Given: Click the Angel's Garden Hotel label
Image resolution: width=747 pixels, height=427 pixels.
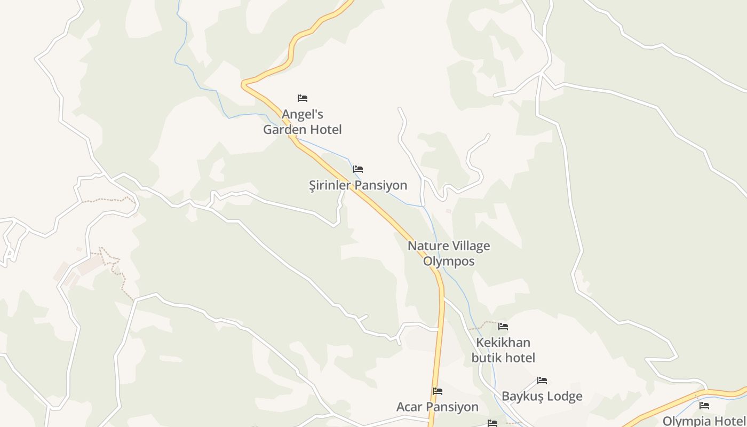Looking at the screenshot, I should point(302,122).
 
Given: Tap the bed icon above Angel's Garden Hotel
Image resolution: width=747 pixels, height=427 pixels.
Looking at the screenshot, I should point(303,98).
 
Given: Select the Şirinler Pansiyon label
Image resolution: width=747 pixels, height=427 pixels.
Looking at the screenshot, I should point(358,185).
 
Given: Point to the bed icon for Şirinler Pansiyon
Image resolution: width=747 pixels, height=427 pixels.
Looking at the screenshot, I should point(358,169).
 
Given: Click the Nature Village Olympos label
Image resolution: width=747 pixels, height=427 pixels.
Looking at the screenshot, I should point(449,254).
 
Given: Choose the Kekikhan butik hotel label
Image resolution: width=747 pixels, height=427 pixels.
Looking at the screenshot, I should point(503,350).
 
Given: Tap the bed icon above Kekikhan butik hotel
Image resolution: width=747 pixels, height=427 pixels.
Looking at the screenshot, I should point(503,326).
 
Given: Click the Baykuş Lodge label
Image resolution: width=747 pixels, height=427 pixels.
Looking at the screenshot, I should point(542,397).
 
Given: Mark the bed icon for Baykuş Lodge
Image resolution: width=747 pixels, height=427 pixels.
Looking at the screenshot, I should point(542,381).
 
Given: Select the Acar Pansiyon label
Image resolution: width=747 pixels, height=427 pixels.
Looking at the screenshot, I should point(438,407).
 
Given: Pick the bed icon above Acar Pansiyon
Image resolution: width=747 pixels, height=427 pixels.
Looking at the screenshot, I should point(438,391).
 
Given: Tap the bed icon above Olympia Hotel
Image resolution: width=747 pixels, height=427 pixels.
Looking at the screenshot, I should point(704,405).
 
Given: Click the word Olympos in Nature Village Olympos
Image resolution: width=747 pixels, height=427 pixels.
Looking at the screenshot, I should point(449,262).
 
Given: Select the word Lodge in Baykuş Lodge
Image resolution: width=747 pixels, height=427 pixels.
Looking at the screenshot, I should point(563,397).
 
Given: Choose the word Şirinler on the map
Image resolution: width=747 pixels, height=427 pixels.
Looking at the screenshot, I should point(330,185).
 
